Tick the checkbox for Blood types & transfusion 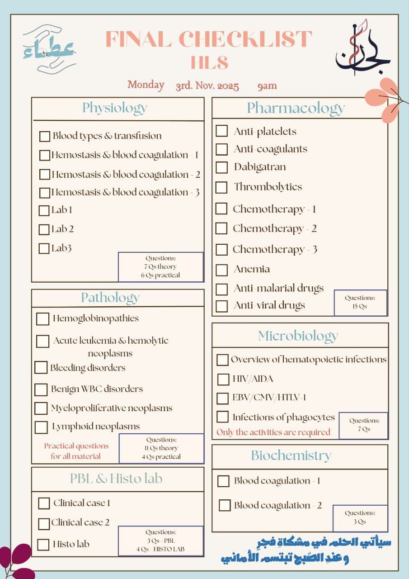click(45, 136)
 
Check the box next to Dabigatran click(221, 167)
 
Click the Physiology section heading click(115, 108)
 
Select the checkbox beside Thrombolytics click(221, 187)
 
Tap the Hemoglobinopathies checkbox click(42, 319)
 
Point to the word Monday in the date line click(146, 85)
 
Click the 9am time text click(267, 85)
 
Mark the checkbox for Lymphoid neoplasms click(41, 427)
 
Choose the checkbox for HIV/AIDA click(223, 379)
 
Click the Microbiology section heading click(298, 336)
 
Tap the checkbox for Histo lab click(43, 545)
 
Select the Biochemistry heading click(291, 456)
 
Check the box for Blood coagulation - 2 click(225, 505)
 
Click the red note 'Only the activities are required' click(273, 432)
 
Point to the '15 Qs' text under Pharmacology click(360, 306)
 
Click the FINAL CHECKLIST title click(209, 39)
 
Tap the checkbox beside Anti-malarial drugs click(221, 289)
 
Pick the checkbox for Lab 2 click(44, 229)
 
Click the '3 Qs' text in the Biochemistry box click(360, 522)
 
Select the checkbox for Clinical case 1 click(44, 503)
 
